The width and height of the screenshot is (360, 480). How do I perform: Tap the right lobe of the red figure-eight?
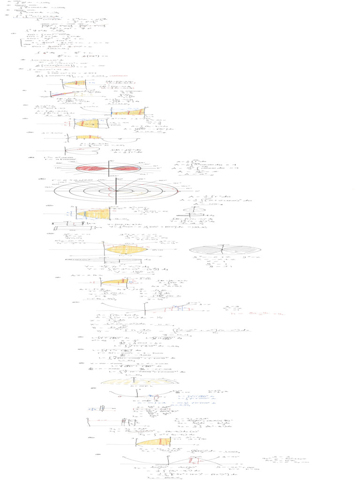pos(127,168)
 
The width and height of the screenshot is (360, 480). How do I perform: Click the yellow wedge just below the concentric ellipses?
pos(96,213)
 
